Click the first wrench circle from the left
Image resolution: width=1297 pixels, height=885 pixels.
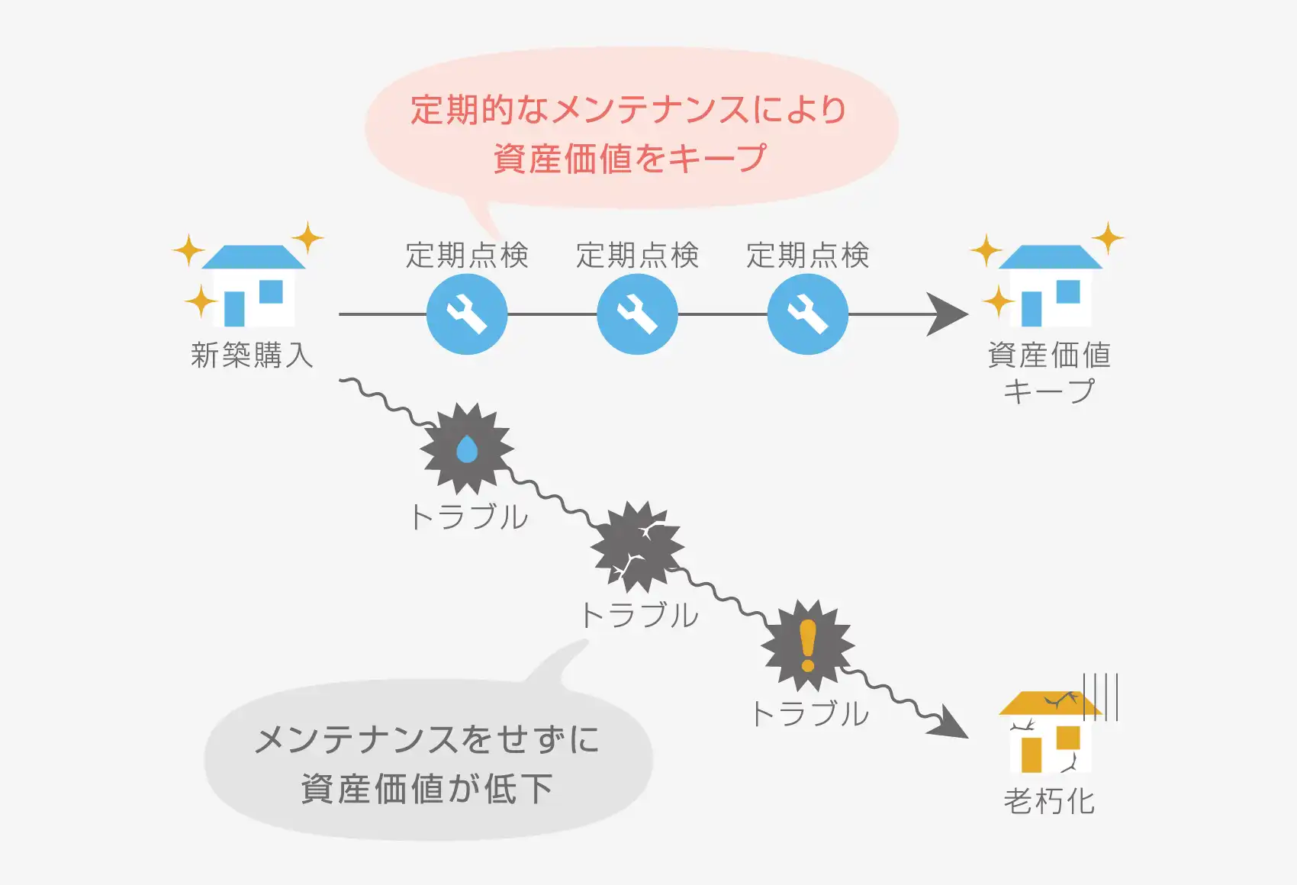(467, 314)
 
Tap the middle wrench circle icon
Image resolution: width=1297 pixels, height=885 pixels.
(637, 314)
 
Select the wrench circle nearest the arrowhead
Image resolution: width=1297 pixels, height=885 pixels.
(807, 314)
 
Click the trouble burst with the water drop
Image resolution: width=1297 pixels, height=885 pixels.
(467, 449)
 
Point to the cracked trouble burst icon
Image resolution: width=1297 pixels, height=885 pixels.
(637, 547)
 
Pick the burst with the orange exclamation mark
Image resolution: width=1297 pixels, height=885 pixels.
(807, 645)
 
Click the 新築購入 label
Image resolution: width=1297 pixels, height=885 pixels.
(252, 356)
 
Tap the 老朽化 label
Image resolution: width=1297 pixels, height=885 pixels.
(1049, 801)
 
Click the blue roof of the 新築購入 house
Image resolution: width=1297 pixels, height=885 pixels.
(253, 257)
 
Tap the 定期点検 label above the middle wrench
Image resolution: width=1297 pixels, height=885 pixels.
(637, 255)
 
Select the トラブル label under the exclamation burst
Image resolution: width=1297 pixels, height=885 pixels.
(809, 713)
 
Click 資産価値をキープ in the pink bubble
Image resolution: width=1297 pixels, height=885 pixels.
(629, 159)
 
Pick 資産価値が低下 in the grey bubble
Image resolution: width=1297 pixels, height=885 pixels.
(427, 788)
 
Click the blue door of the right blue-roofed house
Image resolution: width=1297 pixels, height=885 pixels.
(1031, 308)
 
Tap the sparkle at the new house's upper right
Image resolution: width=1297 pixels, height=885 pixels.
(307, 237)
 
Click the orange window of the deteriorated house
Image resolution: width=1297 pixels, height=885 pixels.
(1067, 738)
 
